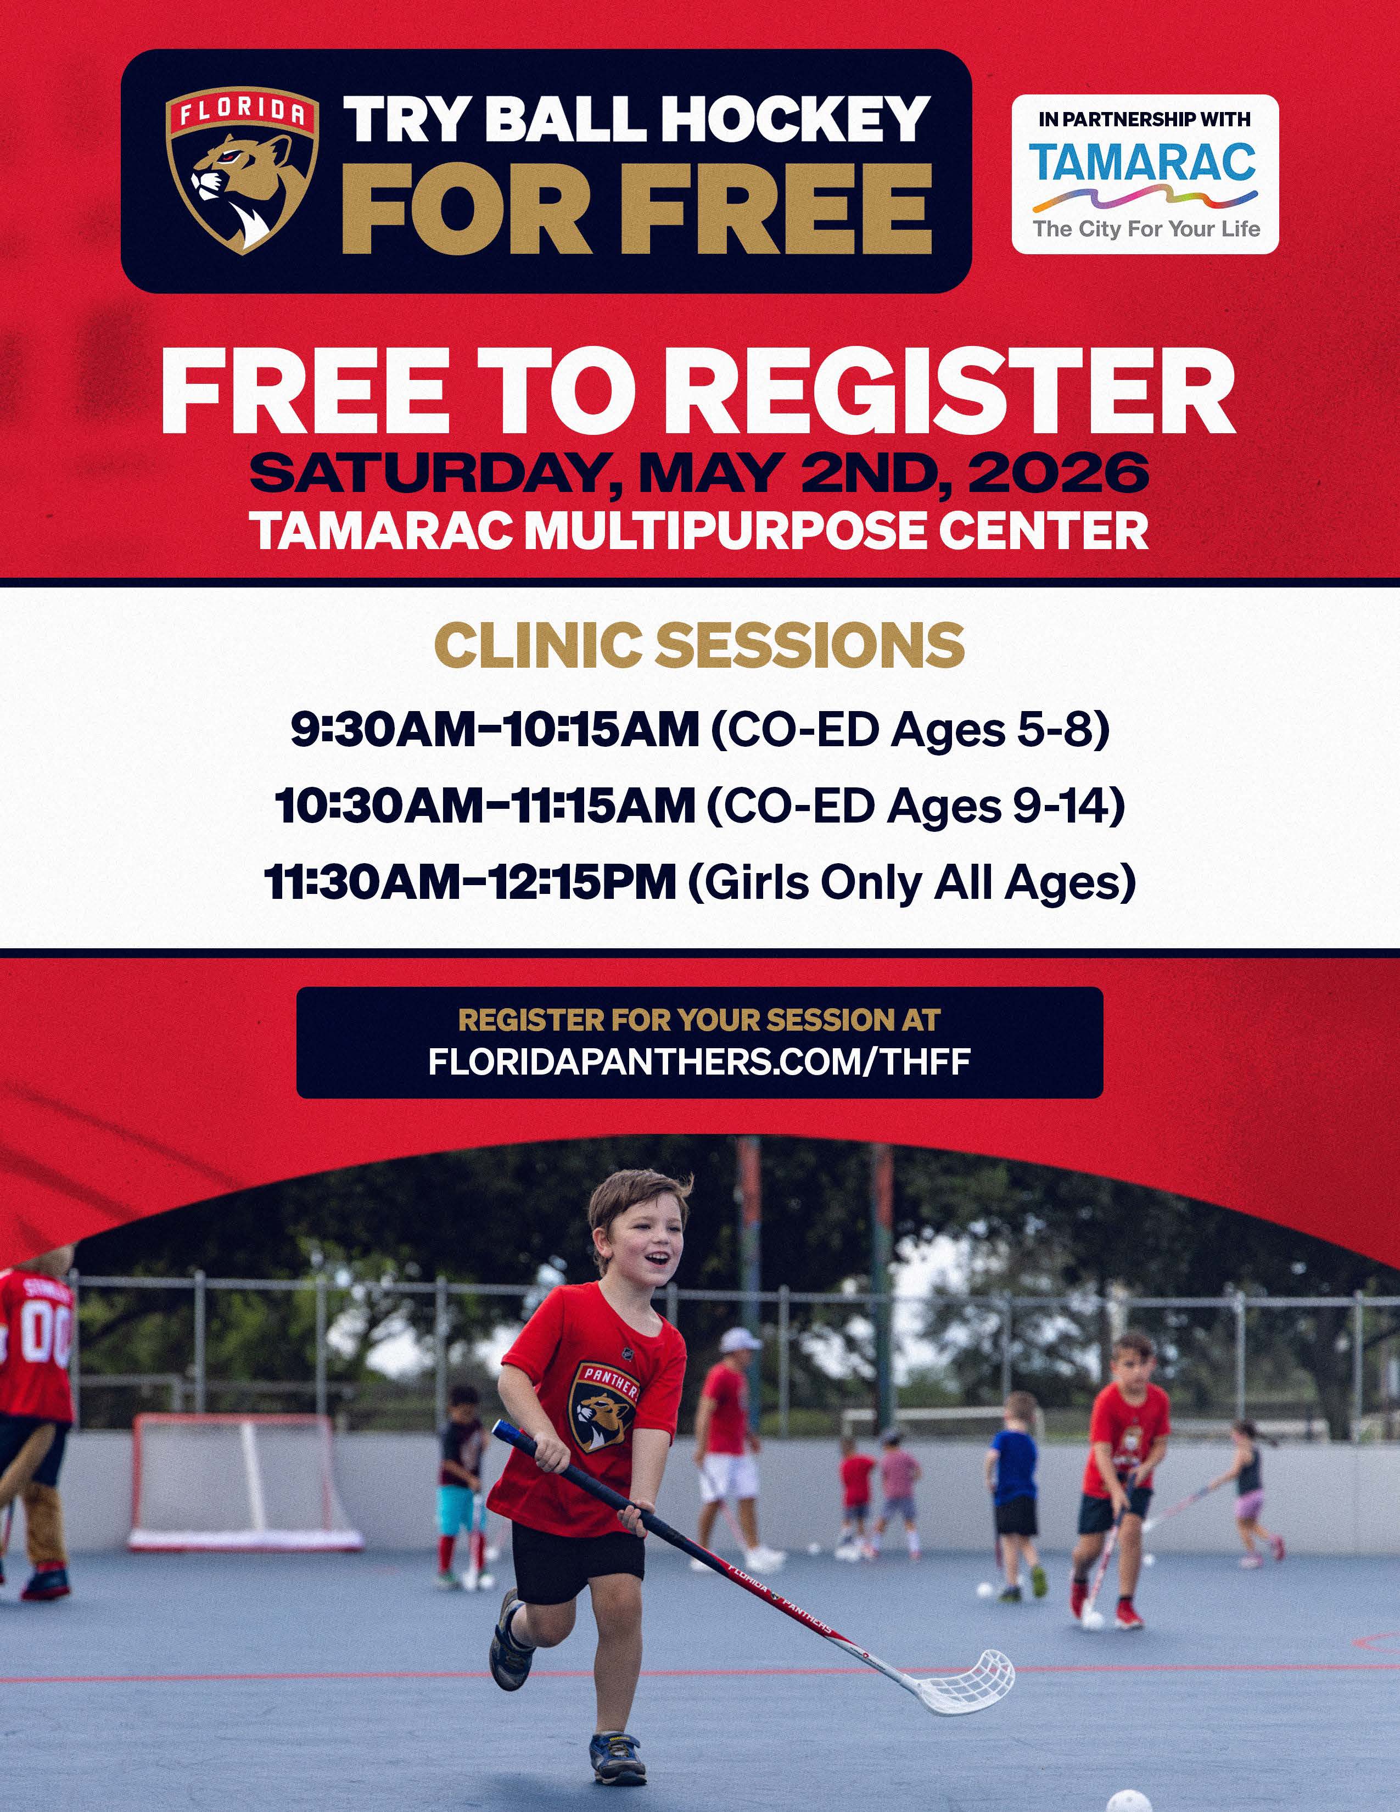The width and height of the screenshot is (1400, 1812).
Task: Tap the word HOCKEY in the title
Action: click(x=794, y=119)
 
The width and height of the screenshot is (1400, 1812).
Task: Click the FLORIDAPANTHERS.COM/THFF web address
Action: click(x=699, y=1062)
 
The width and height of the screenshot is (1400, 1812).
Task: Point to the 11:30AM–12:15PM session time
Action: click(x=471, y=882)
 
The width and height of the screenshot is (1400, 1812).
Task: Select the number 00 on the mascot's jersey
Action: click(x=46, y=1338)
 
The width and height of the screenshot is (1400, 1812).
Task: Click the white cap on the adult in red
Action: click(x=739, y=1338)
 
